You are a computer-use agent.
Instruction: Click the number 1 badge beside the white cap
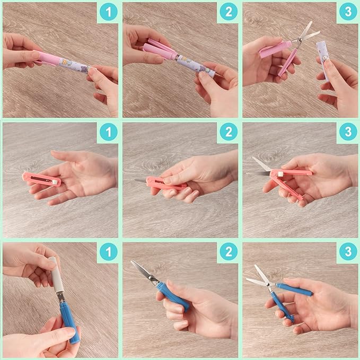pyautogui.click(x=108, y=252)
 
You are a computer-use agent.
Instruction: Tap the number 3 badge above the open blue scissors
pyautogui.click(x=348, y=252)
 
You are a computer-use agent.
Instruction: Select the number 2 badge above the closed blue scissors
pyautogui.click(x=228, y=252)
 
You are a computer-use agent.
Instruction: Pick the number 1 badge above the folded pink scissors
pyautogui.click(x=108, y=132)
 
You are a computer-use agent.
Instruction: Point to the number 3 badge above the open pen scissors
pyautogui.click(x=348, y=12)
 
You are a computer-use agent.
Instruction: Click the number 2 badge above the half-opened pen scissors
pyautogui.click(x=228, y=12)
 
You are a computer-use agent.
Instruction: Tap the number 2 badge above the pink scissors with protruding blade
pyautogui.click(x=228, y=132)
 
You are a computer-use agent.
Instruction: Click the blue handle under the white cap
pyautogui.click(x=68, y=318)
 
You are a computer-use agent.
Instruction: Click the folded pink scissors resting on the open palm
pyautogui.click(x=41, y=180)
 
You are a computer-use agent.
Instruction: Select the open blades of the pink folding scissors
pyautogui.click(x=261, y=168)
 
